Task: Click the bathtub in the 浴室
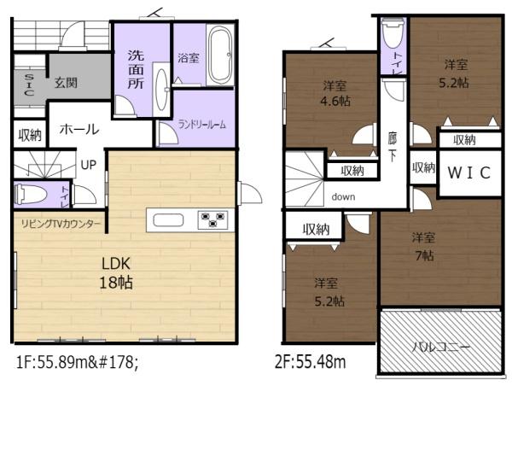point(220,55)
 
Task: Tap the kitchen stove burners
point(213,219)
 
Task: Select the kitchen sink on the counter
point(168,220)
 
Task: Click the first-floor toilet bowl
point(31,195)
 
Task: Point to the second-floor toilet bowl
point(393,33)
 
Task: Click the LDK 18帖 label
point(116,273)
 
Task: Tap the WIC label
point(468,172)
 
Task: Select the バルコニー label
point(440,347)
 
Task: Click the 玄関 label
point(66,83)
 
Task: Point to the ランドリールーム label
point(201,125)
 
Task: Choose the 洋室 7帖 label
point(423,247)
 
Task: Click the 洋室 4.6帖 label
point(335,94)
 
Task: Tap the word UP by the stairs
point(89,165)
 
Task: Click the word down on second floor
point(343,197)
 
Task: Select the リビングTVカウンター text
point(61,224)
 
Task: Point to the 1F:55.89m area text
point(77,362)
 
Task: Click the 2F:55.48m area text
point(311,362)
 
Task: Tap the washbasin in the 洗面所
point(161,89)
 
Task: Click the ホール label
point(79,129)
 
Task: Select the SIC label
point(29,85)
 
